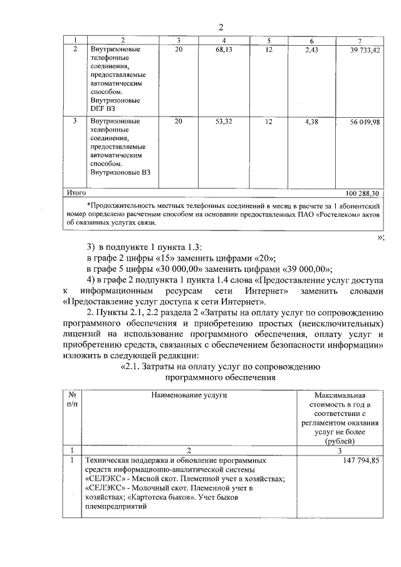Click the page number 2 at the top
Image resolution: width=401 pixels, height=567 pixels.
pos(221,26)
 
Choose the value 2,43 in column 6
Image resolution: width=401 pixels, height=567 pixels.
pos(312,48)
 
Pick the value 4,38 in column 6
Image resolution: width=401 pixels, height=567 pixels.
pos(312,122)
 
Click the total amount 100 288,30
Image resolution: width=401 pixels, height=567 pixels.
pos(365,193)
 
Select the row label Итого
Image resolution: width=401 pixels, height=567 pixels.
pos(76,193)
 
